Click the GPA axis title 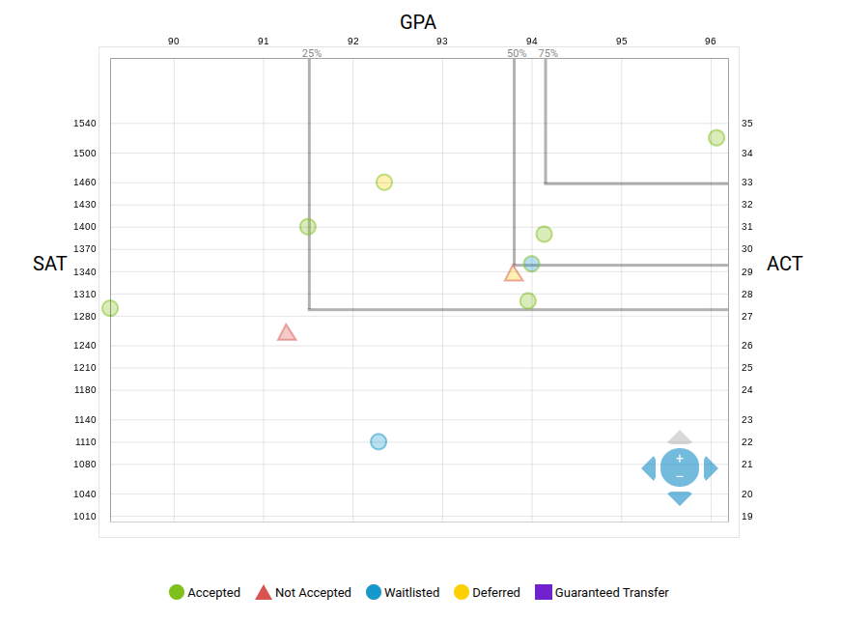[418, 22]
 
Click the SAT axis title [50, 264]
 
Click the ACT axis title [784, 264]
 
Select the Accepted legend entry [205, 593]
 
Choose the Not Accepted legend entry [303, 593]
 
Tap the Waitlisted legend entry [403, 593]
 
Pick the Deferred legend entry [487, 593]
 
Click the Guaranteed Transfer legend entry [603, 593]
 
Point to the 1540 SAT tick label [85, 124]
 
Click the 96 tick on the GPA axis [711, 42]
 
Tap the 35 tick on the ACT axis [747, 124]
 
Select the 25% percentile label [312, 54]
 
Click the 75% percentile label [548, 54]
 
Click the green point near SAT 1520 [716, 138]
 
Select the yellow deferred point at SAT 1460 [384, 183]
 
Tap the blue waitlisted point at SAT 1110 [379, 441]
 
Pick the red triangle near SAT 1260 [287, 333]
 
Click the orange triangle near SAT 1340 [514, 273]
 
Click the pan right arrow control [711, 468]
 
